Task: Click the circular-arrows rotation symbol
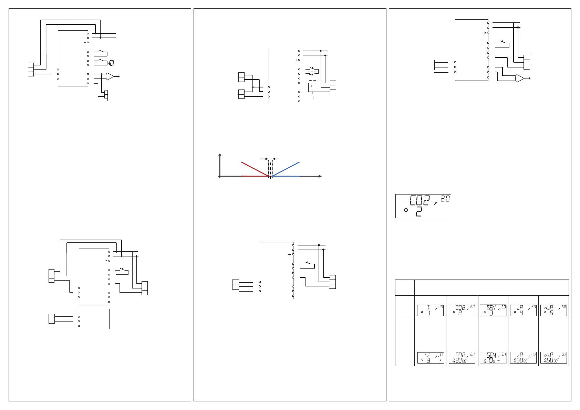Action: click(111, 63)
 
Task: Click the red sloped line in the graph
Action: click(255, 169)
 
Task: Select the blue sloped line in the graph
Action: click(286, 169)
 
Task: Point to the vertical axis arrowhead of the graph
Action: click(220, 154)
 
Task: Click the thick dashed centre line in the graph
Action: click(270, 169)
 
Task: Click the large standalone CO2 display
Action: click(423, 206)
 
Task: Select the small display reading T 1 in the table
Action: click(430, 310)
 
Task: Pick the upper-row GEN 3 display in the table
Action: click(493, 310)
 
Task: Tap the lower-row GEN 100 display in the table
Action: click(493, 358)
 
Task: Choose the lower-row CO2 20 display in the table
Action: click(462, 358)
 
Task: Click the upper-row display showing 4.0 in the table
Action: click(523, 310)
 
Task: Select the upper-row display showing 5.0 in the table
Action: click(553, 310)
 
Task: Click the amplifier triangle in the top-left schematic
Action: click(110, 76)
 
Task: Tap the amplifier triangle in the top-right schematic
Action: click(519, 78)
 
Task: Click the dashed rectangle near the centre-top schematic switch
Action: click(312, 76)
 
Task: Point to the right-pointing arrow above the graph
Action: click(265, 159)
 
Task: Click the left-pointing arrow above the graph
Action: click(275, 159)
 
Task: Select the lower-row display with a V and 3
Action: click(430, 358)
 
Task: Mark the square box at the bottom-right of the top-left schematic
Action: click(114, 95)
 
